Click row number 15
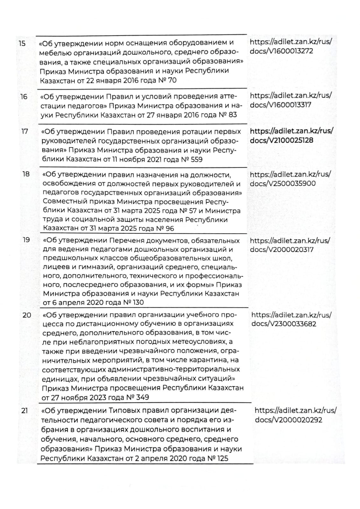(22, 43)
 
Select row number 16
(24, 97)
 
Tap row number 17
(25, 131)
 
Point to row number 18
(25, 174)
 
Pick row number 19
(26, 240)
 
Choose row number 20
(27, 315)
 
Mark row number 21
(25, 411)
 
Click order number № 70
(167, 80)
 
